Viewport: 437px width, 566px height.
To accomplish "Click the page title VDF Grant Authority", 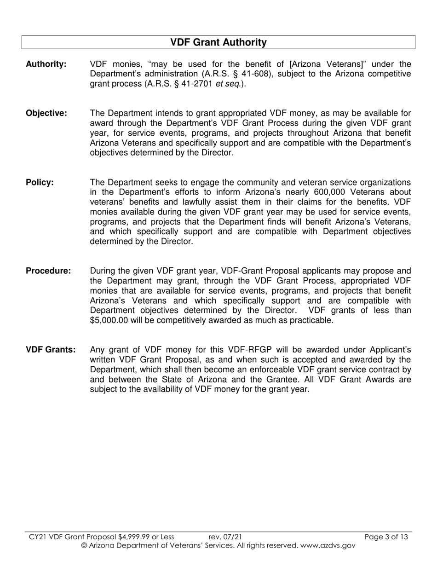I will (x=218, y=42).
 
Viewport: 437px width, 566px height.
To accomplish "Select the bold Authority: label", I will (x=46, y=64).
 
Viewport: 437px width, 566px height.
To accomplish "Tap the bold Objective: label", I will (x=46, y=113).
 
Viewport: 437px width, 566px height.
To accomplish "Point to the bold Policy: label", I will (x=40, y=182).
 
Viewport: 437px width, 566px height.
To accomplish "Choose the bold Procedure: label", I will (x=48, y=271).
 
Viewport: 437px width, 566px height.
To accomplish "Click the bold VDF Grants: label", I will (x=51, y=350).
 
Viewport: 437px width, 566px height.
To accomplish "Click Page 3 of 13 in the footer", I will (x=386, y=537).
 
